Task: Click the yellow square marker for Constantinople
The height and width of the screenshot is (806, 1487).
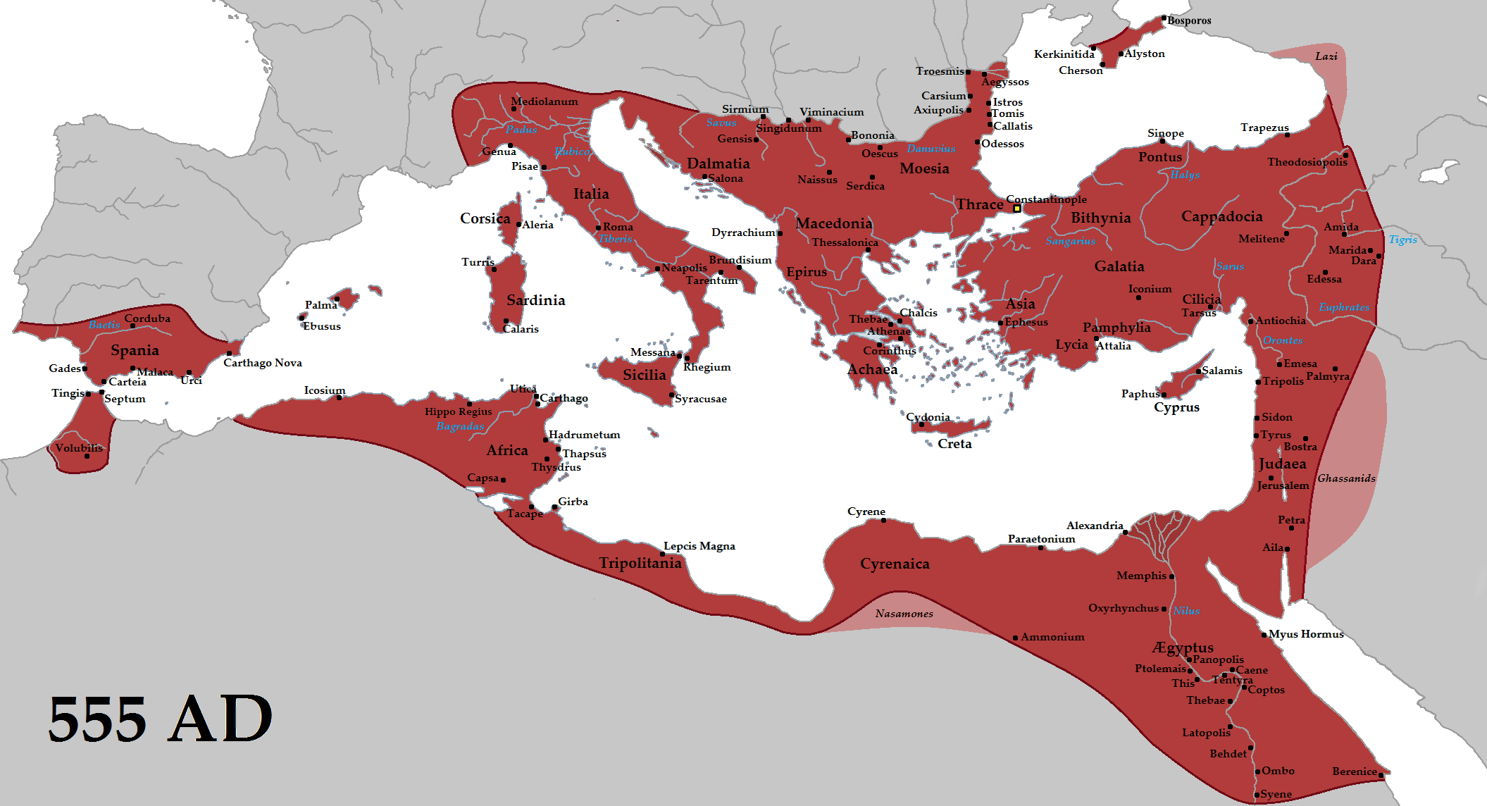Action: point(1016,209)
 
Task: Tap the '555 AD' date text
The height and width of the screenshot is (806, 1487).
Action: point(160,719)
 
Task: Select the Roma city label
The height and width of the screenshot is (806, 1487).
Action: point(618,227)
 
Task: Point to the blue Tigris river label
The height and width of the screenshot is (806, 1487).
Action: point(1402,240)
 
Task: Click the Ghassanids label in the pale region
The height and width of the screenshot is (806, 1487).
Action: point(1346,478)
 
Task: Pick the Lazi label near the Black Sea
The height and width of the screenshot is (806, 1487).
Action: point(1326,56)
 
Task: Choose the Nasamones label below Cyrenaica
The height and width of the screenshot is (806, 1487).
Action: point(904,614)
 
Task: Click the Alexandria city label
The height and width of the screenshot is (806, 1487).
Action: point(1094,526)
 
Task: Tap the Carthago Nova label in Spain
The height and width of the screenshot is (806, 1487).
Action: point(263,363)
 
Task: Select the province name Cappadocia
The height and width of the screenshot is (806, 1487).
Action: point(1221,216)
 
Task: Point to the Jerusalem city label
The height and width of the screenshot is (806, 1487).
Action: point(1283,485)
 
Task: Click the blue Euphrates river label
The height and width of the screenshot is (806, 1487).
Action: point(1344,307)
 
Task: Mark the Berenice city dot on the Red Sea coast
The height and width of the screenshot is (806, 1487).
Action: point(1381,775)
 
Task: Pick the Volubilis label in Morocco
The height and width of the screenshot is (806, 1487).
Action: point(79,448)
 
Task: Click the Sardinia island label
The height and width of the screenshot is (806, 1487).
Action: point(535,300)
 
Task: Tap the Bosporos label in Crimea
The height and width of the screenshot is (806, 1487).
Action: point(1189,21)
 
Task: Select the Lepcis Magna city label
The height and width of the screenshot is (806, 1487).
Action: point(699,546)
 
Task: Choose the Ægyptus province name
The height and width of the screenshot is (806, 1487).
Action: point(1183,647)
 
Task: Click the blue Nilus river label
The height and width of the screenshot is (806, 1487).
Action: point(1186,611)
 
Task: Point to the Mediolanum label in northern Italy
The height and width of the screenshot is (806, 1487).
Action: point(544,101)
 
